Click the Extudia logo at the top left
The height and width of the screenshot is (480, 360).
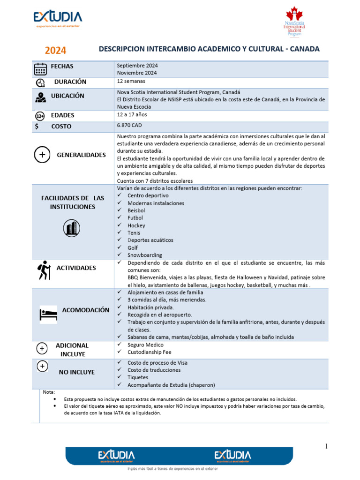tap(58, 19)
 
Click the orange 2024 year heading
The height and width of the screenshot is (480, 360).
tap(55, 51)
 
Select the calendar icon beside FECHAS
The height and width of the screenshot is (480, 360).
tap(40, 69)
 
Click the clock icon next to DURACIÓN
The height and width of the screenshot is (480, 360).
tap(40, 83)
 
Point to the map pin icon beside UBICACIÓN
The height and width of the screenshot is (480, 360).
tap(40, 97)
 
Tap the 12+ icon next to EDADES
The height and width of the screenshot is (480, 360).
tap(40, 116)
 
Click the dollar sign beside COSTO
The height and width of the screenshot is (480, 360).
tap(37, 126)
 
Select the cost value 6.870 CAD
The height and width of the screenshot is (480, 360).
tap(129, 126)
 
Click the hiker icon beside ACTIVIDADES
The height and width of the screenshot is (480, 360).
tap(44, 270)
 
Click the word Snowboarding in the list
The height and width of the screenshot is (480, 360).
tap(145, 255)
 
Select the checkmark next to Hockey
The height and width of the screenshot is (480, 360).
tap(120, 225)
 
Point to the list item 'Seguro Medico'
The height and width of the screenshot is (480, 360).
tap(145, 345)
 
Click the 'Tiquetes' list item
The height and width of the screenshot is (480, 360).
tap(138, 377)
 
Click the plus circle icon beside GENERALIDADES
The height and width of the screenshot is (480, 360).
tap(42, 155)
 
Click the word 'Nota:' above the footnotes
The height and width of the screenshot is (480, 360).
tap(49, 392)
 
